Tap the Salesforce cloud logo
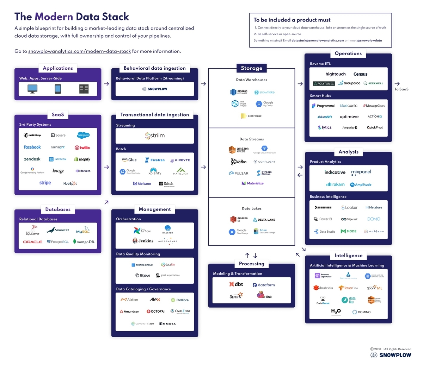point(83,135)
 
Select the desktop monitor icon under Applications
point(32,89)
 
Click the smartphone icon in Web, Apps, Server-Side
point(58,89)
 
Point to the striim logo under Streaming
point(155,136)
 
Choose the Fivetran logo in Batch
point(154,160)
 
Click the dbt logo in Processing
point(236,284)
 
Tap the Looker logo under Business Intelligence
point(349,208)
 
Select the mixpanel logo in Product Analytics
point(361,172)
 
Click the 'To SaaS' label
point(401,89)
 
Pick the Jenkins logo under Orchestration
point(143,241)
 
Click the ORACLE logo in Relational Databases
point(32,242)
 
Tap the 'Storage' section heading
point(251,68)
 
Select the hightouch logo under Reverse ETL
point(335,74)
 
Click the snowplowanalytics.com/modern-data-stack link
point(79,51)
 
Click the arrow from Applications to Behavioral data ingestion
point(106,84)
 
